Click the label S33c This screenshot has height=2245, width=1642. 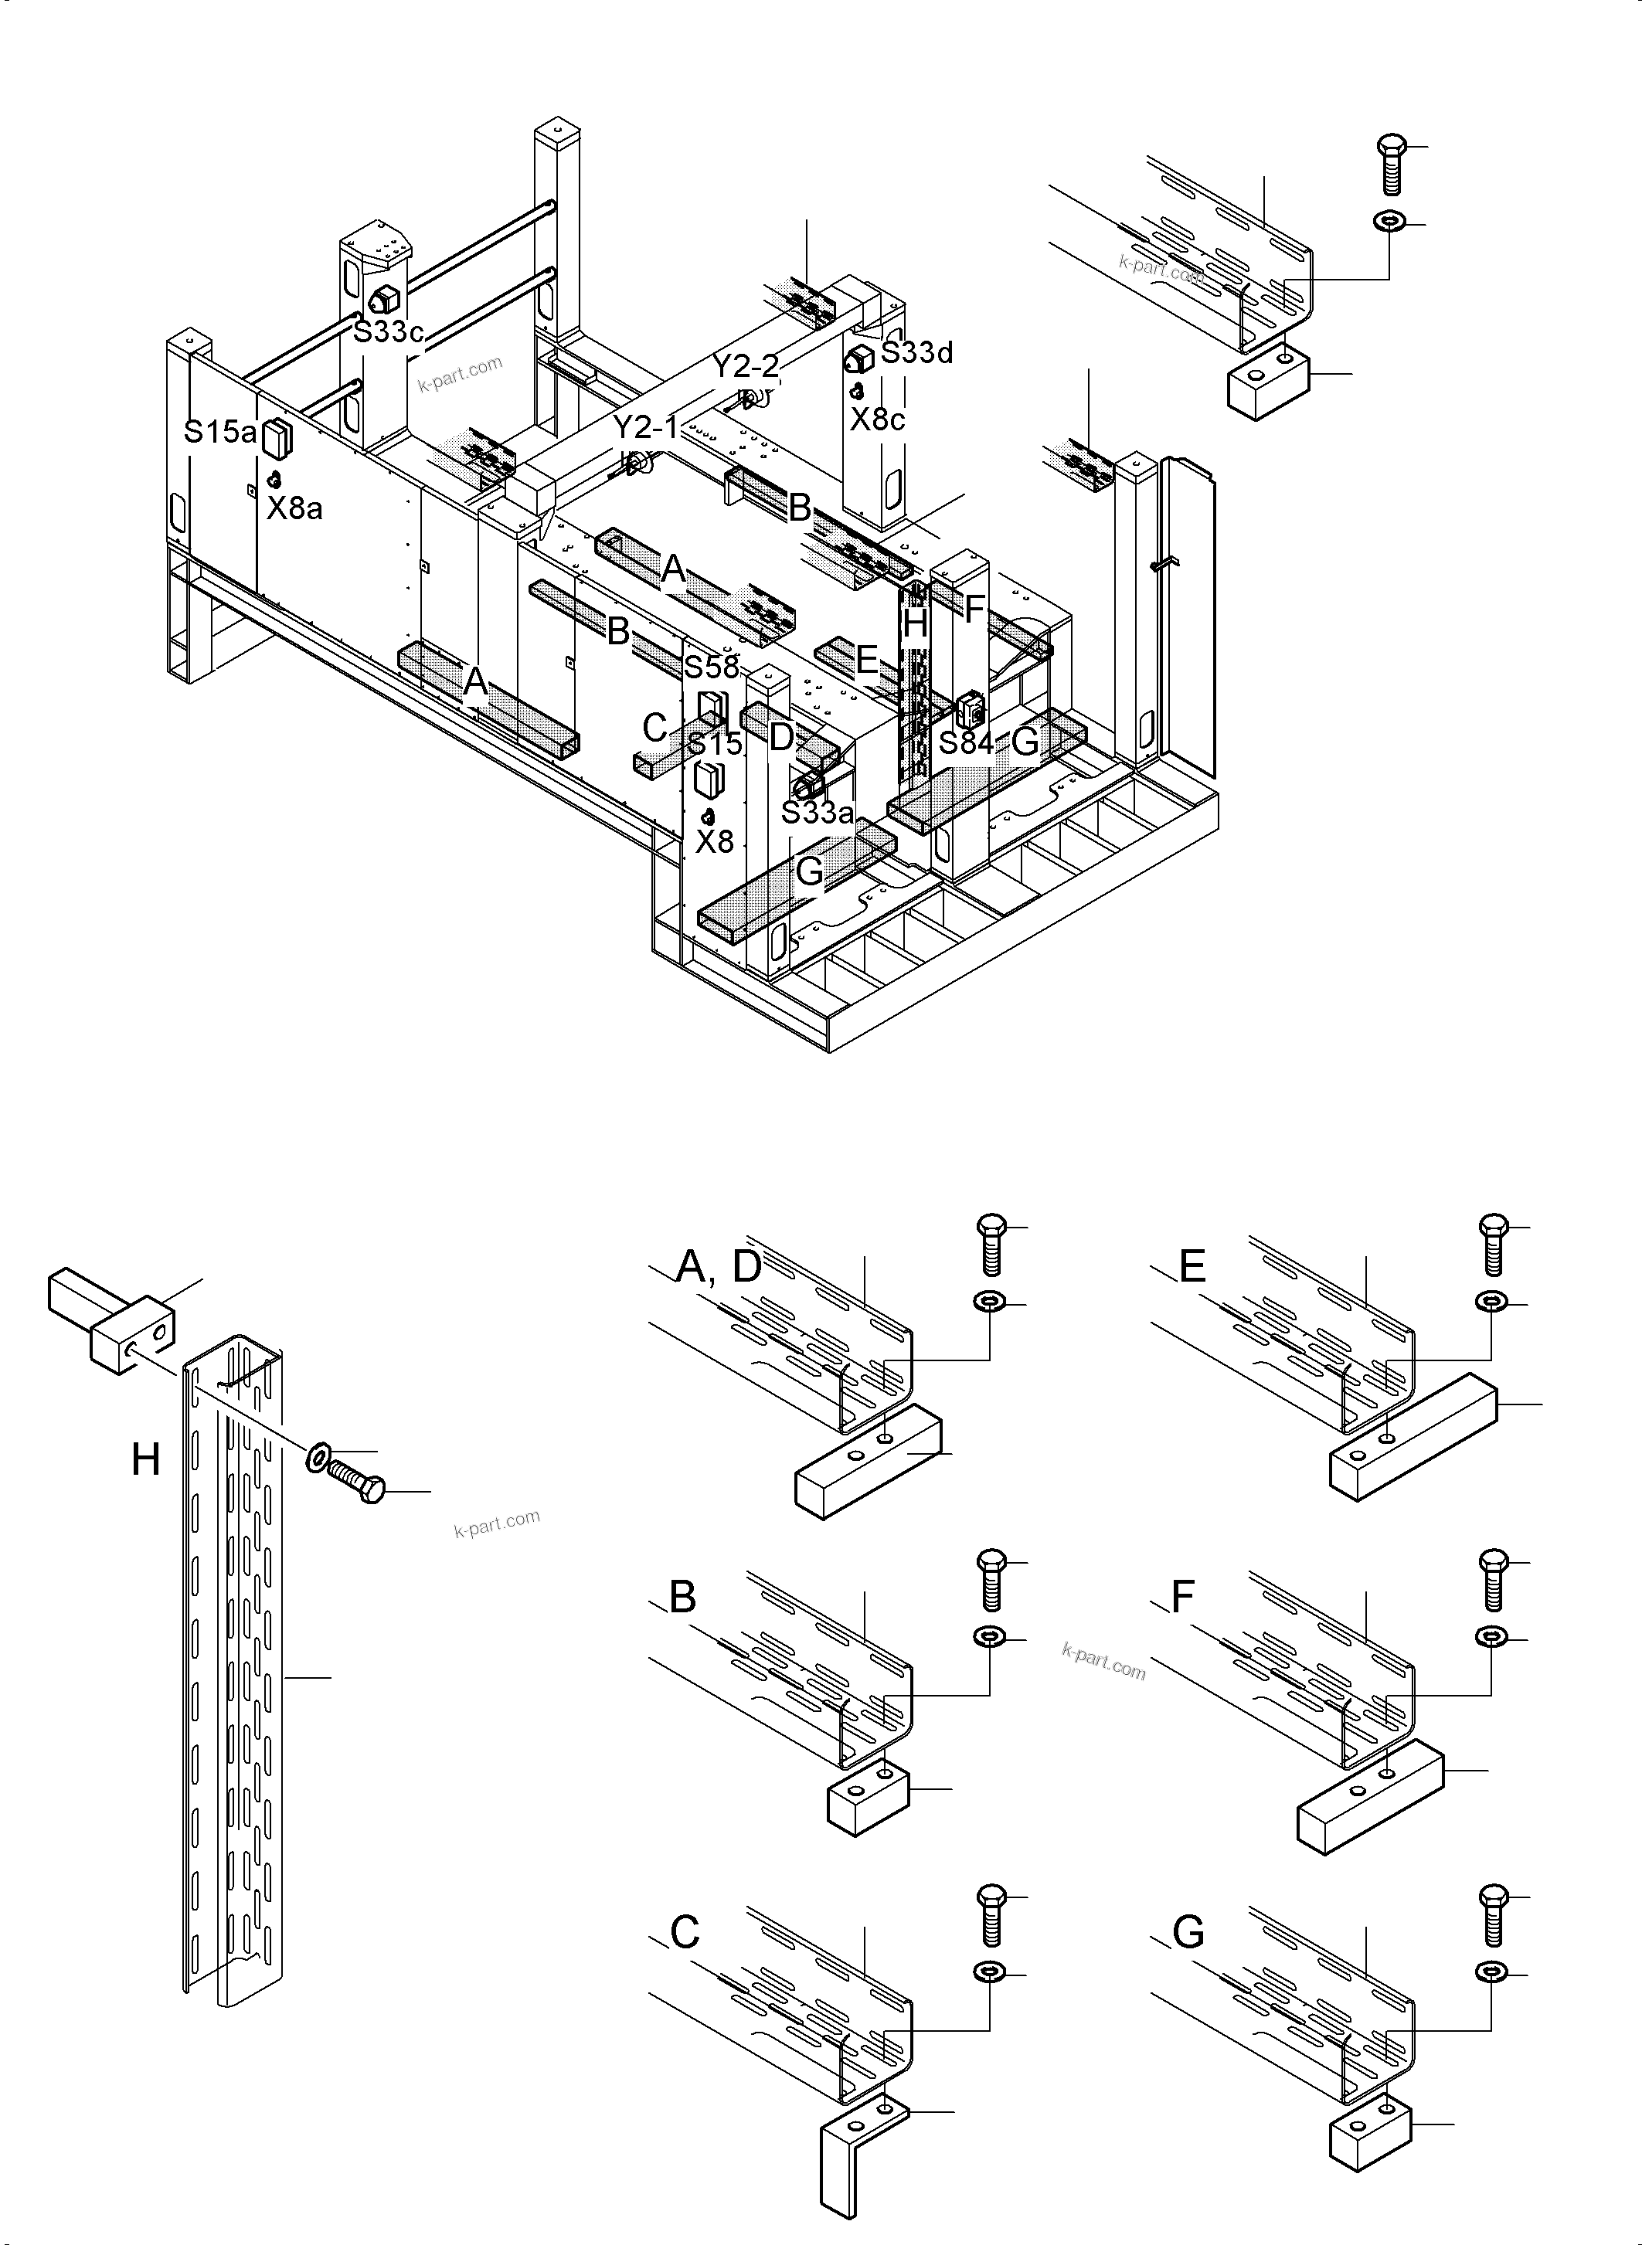[389, 332]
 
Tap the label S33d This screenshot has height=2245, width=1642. [916, 353]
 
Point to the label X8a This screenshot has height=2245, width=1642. [294, 509]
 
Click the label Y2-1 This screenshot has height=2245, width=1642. [645, 428]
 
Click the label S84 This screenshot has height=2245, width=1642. [965, 742]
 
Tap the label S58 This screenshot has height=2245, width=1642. [711, 667]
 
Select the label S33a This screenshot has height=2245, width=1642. [817, 813]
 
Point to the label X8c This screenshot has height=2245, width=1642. [877, 419]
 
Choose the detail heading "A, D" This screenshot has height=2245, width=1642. [718, 1267]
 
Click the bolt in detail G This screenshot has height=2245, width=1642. [1493, 1913]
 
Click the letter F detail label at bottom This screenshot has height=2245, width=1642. [1181, 1597]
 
